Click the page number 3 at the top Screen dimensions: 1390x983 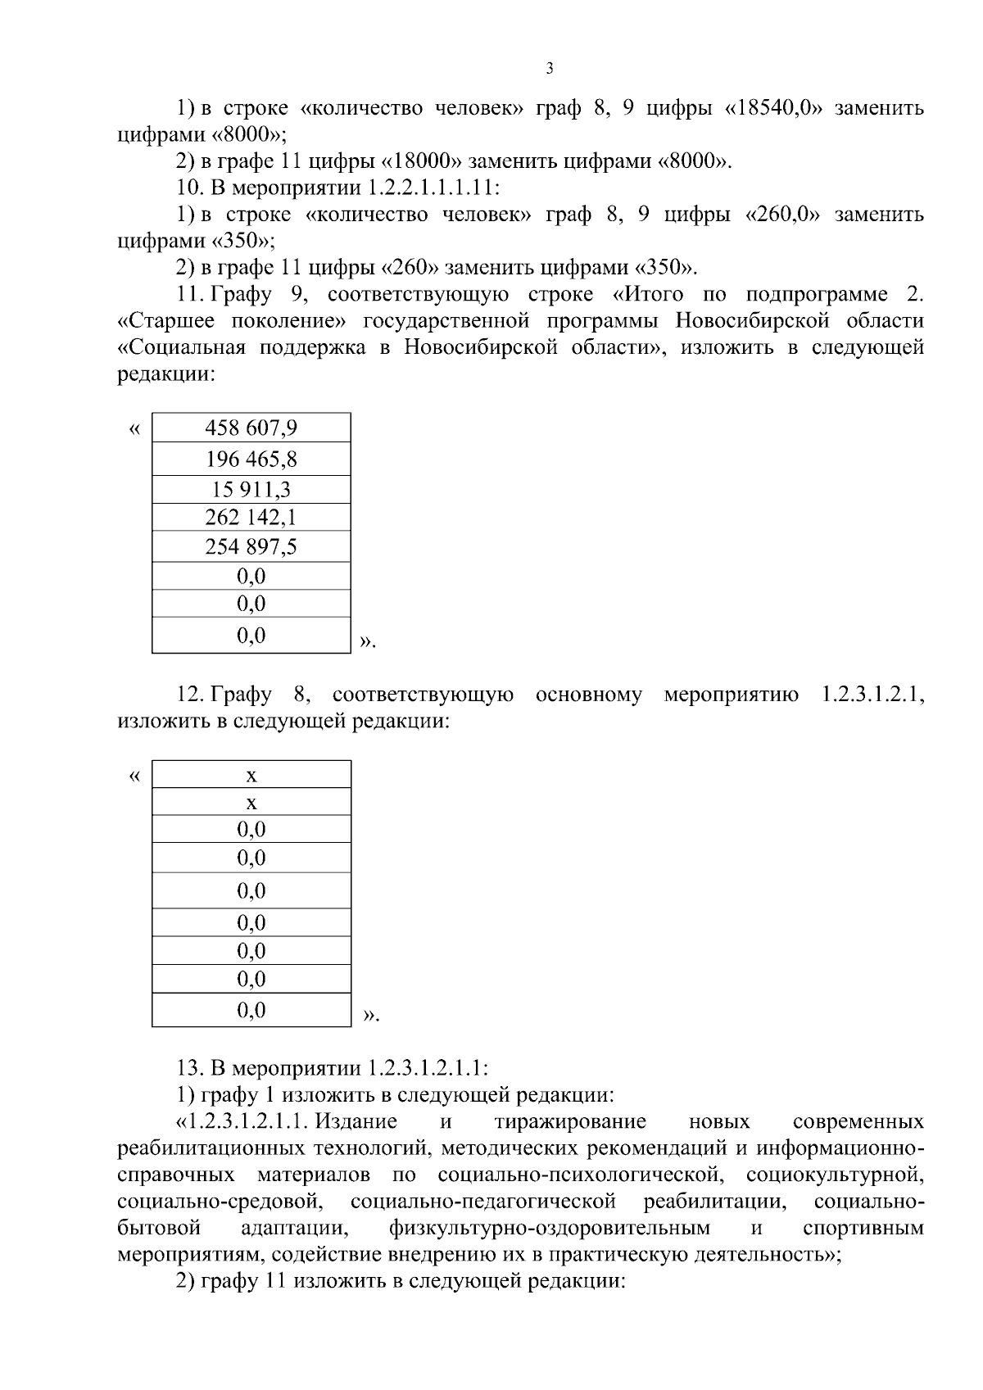point(549,69)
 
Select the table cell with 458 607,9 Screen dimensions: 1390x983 point(251,428)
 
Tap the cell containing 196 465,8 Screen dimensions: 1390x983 point(251,459)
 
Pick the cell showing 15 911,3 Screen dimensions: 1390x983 point(251,490)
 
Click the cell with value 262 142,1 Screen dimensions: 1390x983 point(251,518)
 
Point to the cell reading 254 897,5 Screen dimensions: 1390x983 point(251,547)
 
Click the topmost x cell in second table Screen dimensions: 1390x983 point(251,775)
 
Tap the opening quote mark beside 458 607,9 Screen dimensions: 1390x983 point(135,428)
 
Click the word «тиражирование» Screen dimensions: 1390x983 point(570,1121)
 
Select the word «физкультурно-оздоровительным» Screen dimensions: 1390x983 point(550,1229)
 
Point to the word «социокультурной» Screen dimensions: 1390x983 point(835,1175)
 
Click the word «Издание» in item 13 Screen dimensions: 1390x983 point(357,1121)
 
